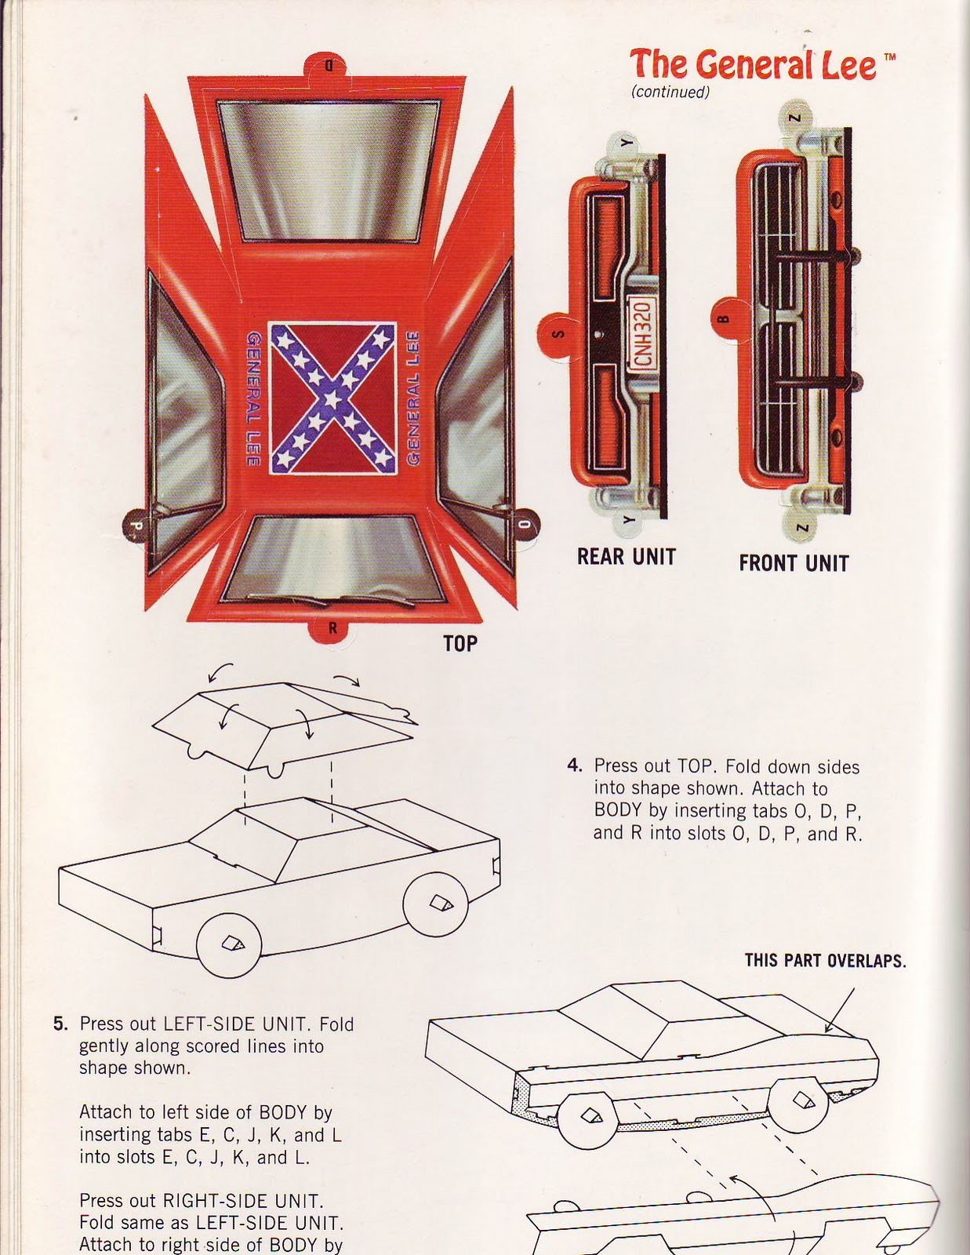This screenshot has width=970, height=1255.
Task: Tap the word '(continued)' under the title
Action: (x=670, y=93)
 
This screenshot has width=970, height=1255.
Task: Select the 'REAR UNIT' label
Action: (x=626, y=557)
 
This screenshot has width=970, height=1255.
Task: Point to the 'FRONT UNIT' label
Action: (x=794, y=563)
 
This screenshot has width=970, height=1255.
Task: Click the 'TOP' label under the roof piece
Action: (x=460, y=644)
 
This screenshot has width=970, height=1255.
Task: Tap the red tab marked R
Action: (x=332, y=627)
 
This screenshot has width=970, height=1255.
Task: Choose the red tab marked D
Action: (x=329, y=66)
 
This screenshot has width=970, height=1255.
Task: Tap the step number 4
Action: (x=573, y=766)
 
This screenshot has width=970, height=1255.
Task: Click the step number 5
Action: (x=60, y=1024)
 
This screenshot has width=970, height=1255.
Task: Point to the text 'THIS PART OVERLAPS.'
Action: (x=825, y=961)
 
